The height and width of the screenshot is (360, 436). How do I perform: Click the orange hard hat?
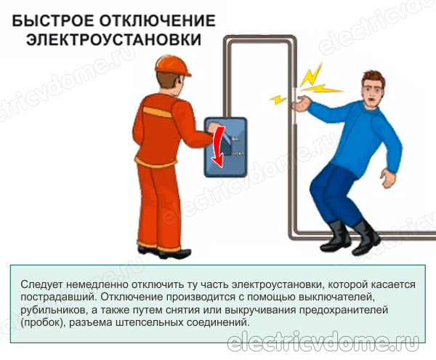(171, 65)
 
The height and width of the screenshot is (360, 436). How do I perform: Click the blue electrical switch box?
(225, 148)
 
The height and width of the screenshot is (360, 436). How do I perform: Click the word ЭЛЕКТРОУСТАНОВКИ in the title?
(114, 39)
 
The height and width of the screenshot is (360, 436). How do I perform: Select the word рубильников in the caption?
(52, 310)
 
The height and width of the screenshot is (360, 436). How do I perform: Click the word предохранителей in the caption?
(344, 310)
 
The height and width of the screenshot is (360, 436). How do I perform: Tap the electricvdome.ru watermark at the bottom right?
(323, 341)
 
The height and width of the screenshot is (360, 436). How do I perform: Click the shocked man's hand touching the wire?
(299, 103)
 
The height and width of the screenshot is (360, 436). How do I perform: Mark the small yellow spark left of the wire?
(278, 99)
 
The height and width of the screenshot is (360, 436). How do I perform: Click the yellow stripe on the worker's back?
(156, 112)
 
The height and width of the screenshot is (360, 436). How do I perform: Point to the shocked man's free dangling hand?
(388, 178)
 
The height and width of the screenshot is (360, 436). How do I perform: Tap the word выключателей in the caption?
(334, 297)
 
